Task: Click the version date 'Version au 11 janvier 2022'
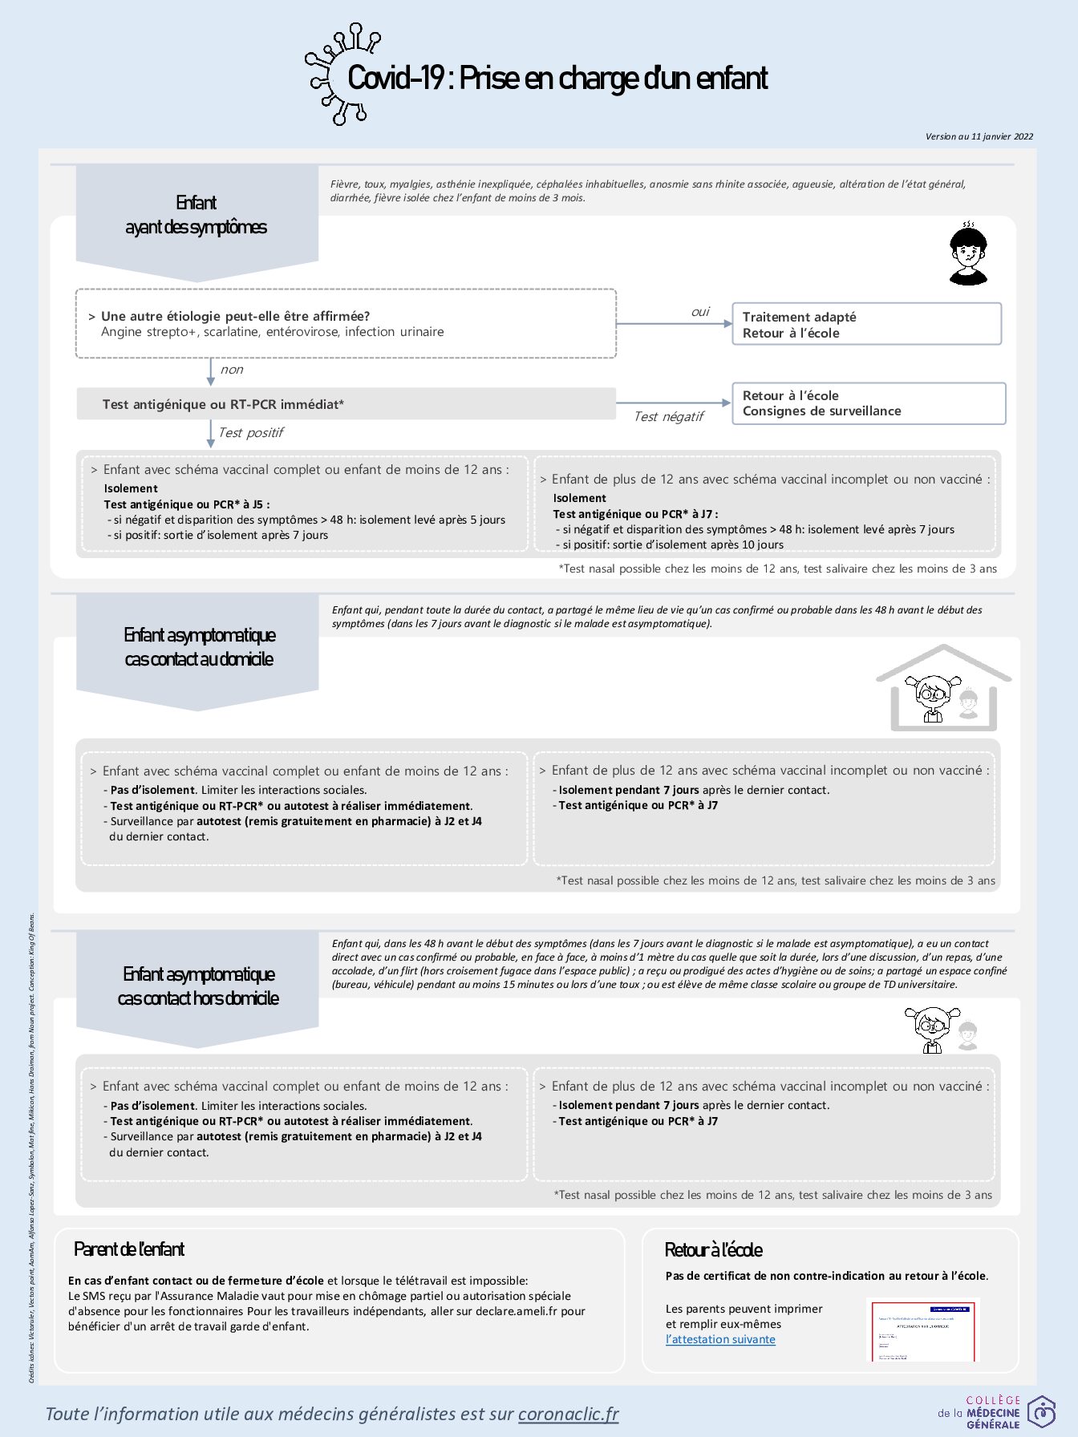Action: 979,136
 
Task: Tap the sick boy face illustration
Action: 968,254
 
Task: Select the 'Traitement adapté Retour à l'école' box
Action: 866,324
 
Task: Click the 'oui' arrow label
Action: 700,312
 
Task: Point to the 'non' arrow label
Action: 232,370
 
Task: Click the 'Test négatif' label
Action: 668,416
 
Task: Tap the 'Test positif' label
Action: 251,433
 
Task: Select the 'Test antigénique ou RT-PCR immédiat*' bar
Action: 346,404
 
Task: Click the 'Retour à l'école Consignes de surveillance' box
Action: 868,403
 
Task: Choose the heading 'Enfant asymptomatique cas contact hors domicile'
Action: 198,986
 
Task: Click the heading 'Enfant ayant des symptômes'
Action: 197,215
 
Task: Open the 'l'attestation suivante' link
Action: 720,1339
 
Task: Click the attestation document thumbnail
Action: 924,1330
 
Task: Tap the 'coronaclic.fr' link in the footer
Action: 568,1414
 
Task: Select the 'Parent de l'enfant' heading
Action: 129,1249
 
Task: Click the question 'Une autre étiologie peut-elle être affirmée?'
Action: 235,316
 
